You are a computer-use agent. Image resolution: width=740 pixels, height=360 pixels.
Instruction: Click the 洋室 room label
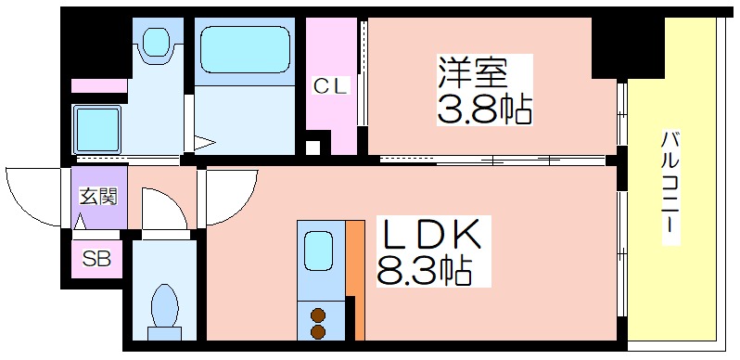click(x=472, y=72)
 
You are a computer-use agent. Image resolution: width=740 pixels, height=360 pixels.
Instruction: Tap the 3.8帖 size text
click(x=484, y=109)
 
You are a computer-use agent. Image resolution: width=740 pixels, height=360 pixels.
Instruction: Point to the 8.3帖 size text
click(x=424, y=270)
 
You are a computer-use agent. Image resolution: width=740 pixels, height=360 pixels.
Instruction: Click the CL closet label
click(x=331, y=86)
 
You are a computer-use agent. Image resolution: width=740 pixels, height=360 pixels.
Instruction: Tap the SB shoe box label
click(x=96, y=259)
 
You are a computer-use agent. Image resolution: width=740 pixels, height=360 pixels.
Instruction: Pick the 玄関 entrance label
click(x=97, y=196)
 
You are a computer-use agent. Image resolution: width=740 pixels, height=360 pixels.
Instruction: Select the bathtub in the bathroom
click(x=245, y=49)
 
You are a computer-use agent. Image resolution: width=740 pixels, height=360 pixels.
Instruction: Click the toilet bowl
click(x=165, y=306)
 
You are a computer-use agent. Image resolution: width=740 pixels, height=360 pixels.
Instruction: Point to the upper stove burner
click(x=319, y=315)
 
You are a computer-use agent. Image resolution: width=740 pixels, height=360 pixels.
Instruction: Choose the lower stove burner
click(x=319, y=330)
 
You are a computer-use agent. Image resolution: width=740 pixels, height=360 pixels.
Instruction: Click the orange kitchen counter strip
click(x=355, y=279)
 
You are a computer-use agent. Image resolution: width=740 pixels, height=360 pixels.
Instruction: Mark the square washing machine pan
click(x=96, y=128)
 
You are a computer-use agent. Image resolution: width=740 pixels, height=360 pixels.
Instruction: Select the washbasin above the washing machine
click(x=157, y=44)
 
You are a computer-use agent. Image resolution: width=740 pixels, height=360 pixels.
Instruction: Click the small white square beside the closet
click(x=313, y=148)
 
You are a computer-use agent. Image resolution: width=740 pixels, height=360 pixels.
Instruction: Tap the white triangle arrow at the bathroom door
click(x=204, y=143)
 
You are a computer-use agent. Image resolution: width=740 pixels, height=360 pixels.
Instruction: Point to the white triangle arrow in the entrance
click(x=81, y=220)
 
